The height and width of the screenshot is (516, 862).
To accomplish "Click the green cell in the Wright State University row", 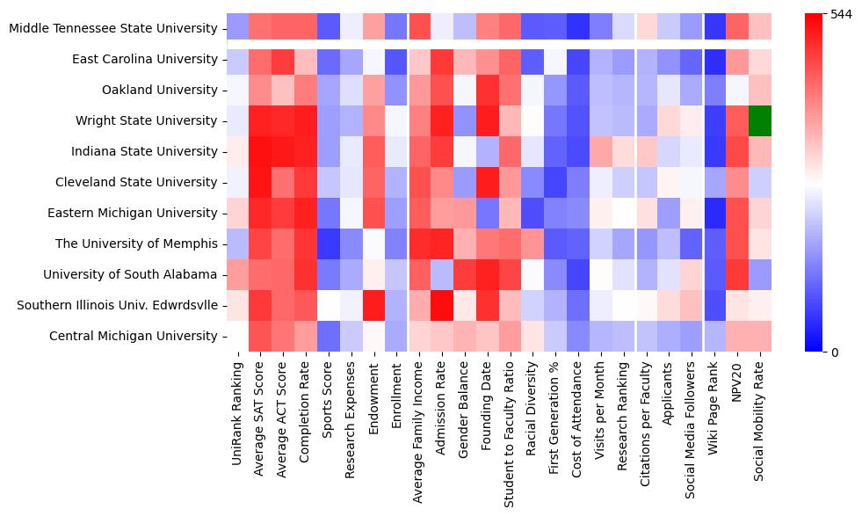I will [x=760, y=120].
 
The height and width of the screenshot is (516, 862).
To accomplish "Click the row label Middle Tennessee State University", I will [x=112, y=28].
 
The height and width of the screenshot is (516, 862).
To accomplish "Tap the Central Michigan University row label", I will [x=134, y=336].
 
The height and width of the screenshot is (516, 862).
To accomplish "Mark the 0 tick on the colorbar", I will [x=836, y=352].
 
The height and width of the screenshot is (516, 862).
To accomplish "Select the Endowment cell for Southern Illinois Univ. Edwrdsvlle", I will [x=373, y=305].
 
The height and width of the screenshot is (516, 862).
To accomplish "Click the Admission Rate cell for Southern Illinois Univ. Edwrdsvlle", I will [x=442, y=305].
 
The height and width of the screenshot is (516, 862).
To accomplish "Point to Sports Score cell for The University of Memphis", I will [x=328, y=243].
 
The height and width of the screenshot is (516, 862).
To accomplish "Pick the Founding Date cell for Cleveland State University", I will [x=487, y=182].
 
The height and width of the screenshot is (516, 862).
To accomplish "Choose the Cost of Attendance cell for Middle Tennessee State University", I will [x=578, y=28].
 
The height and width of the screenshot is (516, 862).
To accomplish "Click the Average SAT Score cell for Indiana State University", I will [x=260, y=151].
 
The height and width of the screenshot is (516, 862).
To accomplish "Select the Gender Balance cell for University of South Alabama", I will [x=465, y=274].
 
